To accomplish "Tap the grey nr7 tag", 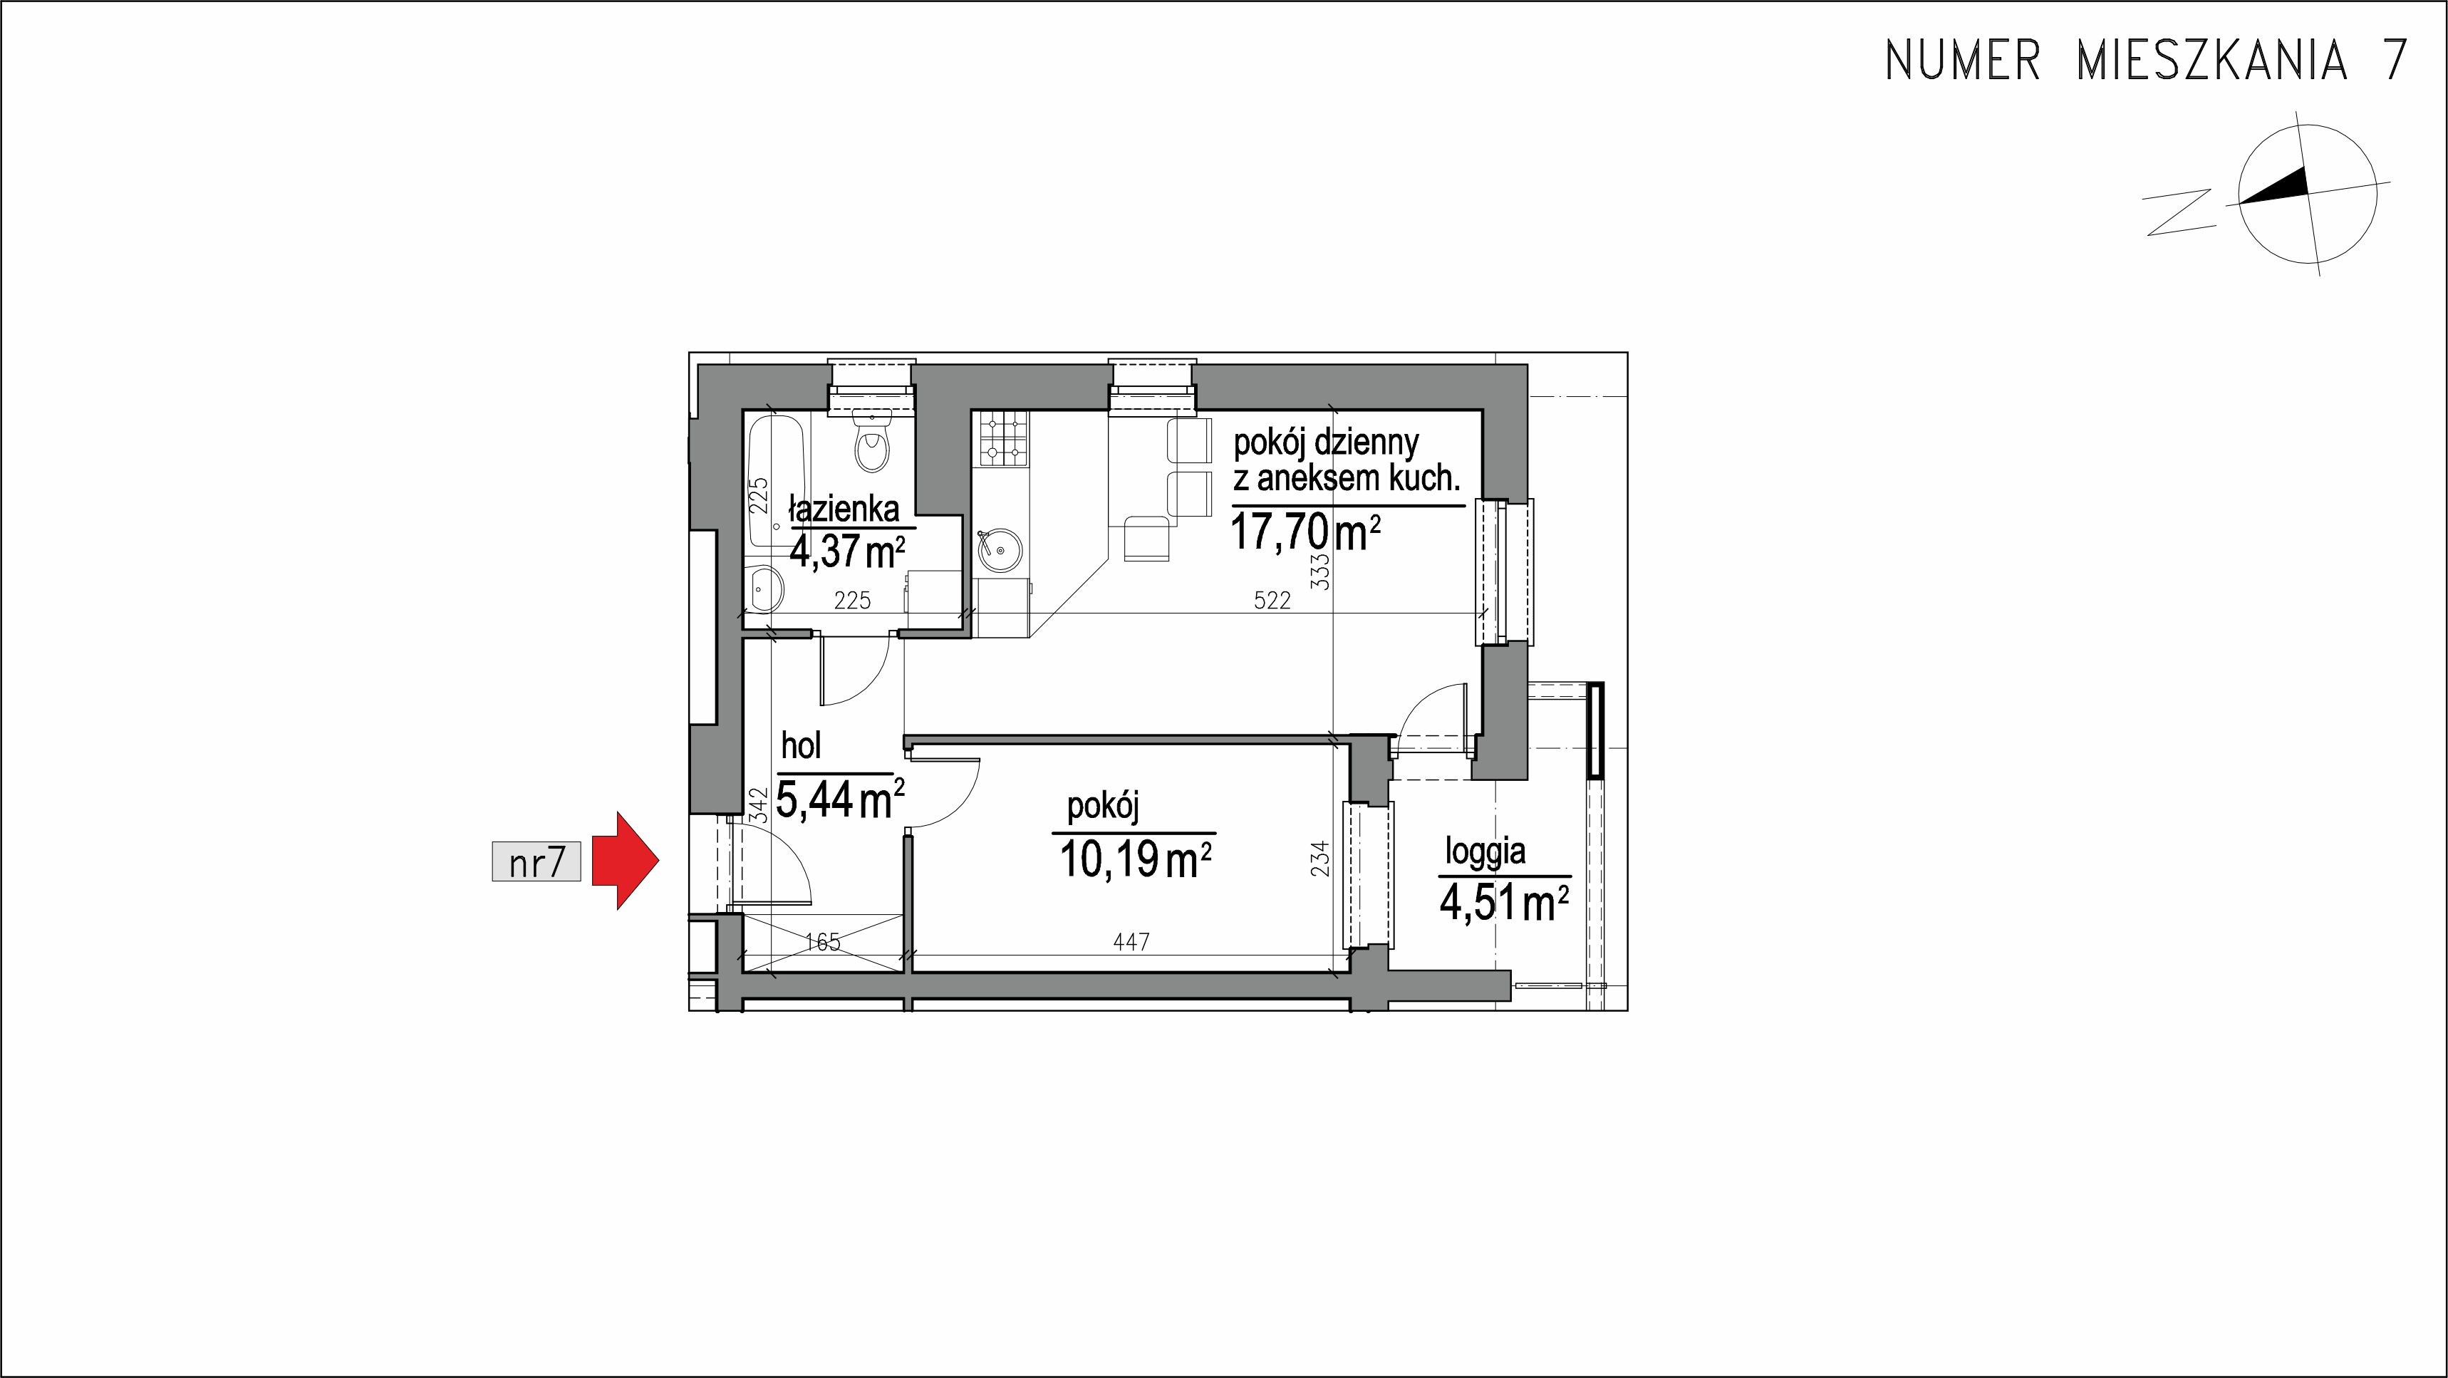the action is point(536,862).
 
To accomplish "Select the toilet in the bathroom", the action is point(871,444).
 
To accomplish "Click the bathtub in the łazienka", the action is point(777,482).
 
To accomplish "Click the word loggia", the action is point(1486,851).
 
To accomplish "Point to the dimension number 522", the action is point(1272,601).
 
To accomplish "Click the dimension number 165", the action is point(822,942).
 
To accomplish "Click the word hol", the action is point(801,745).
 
